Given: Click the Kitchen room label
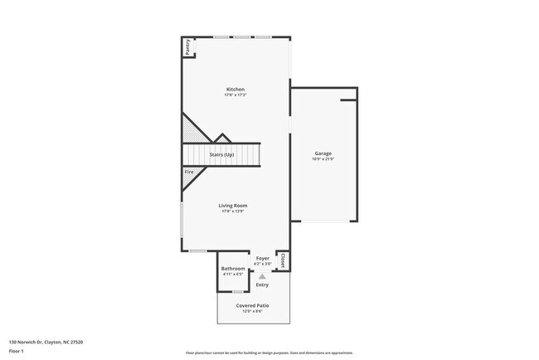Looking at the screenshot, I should [x=236, y=90].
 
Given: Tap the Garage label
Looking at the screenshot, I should [x=323, y=153].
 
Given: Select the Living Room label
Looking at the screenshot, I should [x=233, y=206].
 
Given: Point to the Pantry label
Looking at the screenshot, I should [x=187, y=46].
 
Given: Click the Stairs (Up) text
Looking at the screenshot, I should [x=221, y=155].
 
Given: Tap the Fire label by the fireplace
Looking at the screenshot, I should [x=189, y=172].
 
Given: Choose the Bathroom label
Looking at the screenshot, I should [x=233, y=269].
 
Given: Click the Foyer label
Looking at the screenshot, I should [x=263, y=259].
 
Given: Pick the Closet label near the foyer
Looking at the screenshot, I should [x=283, y=260].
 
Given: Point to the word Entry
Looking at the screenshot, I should [x=262, y=285].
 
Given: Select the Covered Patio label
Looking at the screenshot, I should [x=253, y=305].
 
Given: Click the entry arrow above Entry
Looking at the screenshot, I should [x=262, y=276].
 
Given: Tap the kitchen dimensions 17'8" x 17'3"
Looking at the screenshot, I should [x=236, y=95].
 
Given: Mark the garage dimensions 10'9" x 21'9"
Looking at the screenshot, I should [x=323, y=159].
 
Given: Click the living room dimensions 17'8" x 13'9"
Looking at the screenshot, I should [x=233, y=212].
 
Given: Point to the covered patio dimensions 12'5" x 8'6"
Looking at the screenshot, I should [x=253, y=311].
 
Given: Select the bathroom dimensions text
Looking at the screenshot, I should [x=233, y=275].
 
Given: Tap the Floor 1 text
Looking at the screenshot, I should [x=15, y=351].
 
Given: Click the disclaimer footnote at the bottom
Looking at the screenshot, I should [x=269, y=352].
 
